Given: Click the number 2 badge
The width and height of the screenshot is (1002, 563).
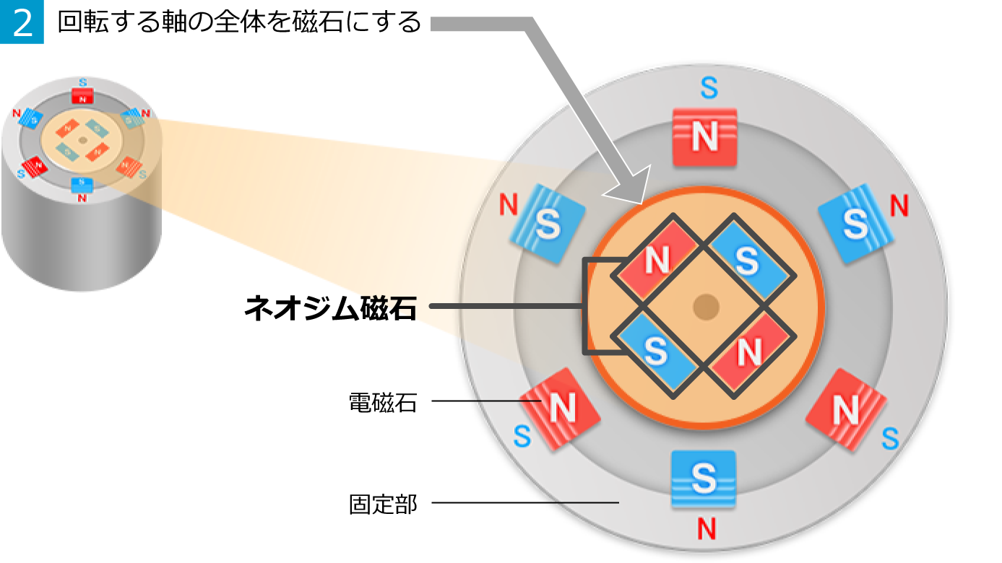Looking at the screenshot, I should (x=22, y=22).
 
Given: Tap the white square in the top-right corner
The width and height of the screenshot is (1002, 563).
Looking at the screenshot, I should (x=980, y=27).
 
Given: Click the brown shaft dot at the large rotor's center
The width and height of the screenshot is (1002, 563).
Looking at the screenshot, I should (x=706, y=307).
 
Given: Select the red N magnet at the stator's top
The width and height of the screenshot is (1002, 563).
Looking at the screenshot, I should (x=704, y=137).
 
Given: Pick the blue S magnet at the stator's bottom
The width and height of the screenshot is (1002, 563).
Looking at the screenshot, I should (x=703, y=479).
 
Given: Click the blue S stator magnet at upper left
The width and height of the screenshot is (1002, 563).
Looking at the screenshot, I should (x=547, y=224).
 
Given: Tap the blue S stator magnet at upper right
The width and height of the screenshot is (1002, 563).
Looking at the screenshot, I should (x=855, y=223).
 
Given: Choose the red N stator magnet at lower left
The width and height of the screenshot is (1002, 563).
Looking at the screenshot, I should (x=561, y=409).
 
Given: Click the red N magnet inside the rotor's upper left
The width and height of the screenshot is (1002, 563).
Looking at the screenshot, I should (x=656, y=261).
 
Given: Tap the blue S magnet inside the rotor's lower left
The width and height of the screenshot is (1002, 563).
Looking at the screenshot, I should (x=655, y=352).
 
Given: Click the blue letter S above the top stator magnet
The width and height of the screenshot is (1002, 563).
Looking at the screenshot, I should (x=709, y=88).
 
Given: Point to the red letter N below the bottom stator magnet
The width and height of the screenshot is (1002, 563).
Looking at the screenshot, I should (x=706, y=529).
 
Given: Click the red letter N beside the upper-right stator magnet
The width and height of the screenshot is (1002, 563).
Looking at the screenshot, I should (x=899, y=206).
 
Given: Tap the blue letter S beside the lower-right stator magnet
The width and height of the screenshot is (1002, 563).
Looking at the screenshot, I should (x=890, y=439).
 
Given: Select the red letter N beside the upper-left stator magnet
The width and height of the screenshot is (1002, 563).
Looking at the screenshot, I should (x=509, y=206).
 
